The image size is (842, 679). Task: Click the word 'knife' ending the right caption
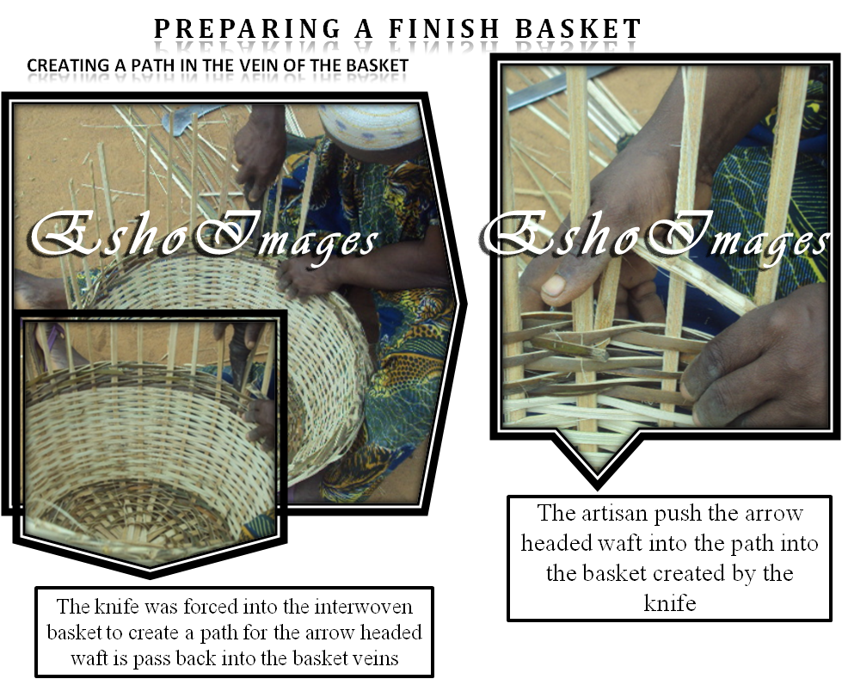[669, 602]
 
